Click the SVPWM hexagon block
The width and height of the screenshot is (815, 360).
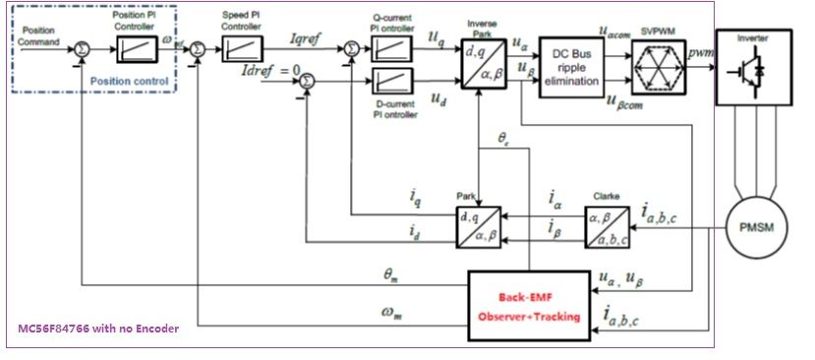(x=659, y=73)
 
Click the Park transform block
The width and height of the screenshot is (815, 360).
(x=478, y=226)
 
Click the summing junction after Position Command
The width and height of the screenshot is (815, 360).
(x=84, y=45)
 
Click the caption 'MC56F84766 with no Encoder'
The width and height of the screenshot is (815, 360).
(x=98, y=329)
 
